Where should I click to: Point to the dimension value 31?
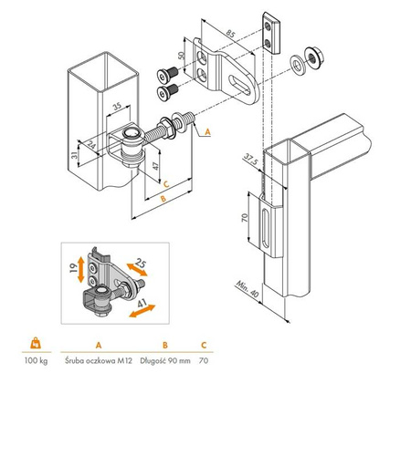(72, 157)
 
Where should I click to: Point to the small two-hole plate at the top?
(269, 31)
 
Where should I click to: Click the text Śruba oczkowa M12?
(98, 362)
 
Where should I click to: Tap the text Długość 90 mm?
(164, 362)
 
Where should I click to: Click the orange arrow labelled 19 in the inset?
(81, 269)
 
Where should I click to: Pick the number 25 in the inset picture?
(140, 262)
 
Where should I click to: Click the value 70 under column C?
(205, 362)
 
